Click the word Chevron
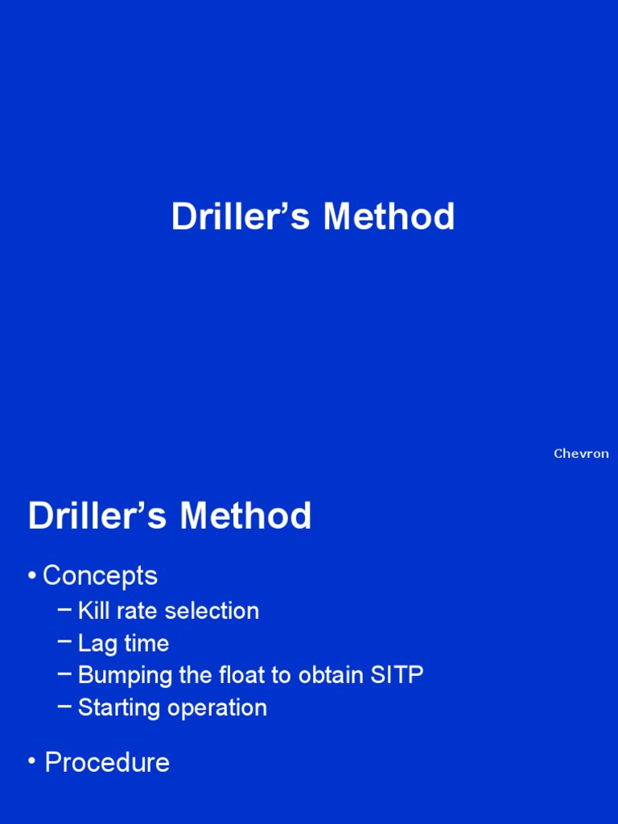coord(581,454)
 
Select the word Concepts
coord(100,575)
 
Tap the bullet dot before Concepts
coord(31,576)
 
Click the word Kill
coord(94,611)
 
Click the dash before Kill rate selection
coord(64,610)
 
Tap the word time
coord(146,644)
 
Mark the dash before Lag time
coord(64,642)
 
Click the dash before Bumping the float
coord(64,674)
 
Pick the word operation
coord(216,709)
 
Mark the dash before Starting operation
coord(64,707)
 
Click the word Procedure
coord(107,763)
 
